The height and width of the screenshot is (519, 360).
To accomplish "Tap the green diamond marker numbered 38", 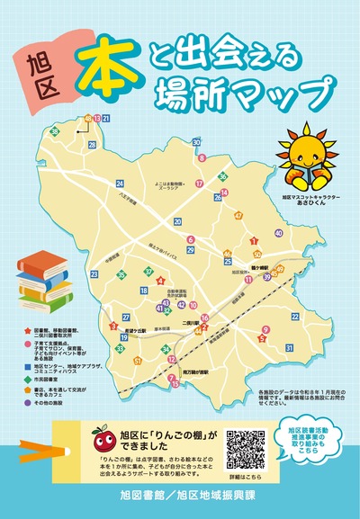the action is coord(55,132).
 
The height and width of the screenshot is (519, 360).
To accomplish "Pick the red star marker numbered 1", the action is coord(255,240).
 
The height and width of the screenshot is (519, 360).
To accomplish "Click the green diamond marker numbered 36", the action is coord(221,177).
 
